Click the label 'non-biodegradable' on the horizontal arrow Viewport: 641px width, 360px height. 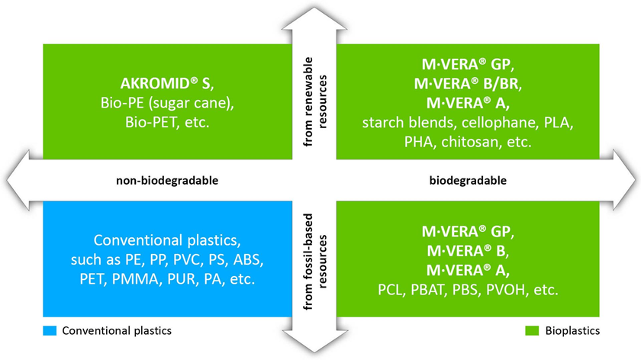coord(167,181)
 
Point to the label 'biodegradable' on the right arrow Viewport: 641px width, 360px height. coord(468,181)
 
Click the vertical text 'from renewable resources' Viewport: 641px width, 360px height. coord(314,101)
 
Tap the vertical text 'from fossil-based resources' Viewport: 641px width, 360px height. coord(314,262)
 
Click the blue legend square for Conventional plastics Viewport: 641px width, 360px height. coord(50,330)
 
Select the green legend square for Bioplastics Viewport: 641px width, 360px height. coord(532,330)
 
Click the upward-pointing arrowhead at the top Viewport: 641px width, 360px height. coord(314,20)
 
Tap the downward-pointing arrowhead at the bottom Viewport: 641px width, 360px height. coord(314,340)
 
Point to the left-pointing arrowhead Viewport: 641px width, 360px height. coord(18,180)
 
